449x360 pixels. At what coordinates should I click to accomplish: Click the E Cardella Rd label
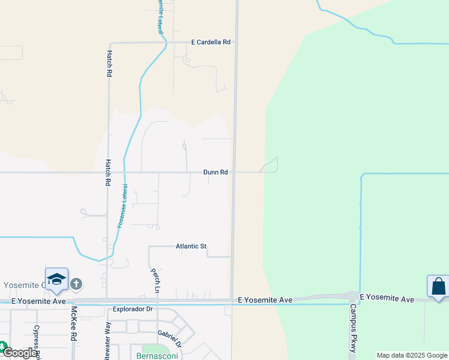click(211, 43)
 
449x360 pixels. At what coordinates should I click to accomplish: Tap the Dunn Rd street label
click(215, 172)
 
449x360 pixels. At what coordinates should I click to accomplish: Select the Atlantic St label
click(191, 246)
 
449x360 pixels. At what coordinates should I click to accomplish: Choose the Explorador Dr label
click(133, 310)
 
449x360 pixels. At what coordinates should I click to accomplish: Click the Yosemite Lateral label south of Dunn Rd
click(122, 205)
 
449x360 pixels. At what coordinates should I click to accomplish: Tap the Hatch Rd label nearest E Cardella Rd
click(110, 62)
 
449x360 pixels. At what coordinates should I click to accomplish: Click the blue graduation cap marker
click(56, 279)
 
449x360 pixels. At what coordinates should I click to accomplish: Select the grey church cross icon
click(76, 284)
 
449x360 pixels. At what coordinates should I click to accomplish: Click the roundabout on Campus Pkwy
click(350, 296)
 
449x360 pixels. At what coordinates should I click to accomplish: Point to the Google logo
click(19, 353)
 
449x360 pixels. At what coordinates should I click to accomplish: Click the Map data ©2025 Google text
click(412, 355)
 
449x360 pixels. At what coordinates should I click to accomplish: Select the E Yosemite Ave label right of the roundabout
click(387, 299)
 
